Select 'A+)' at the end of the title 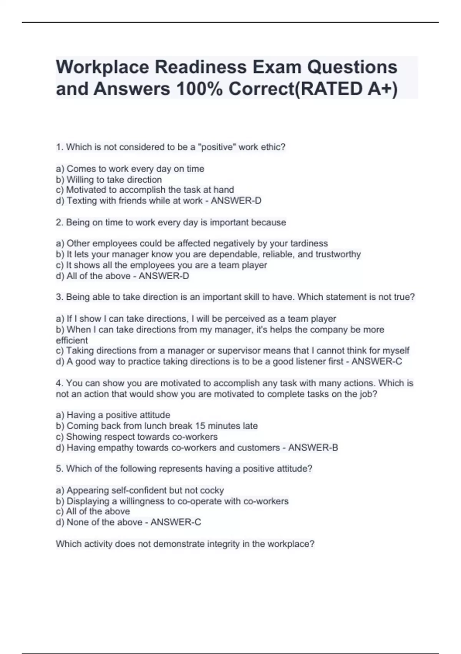click(383, 89)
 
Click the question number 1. click(58, 147)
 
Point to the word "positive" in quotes click(217, 147)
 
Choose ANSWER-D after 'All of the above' click(164, 276)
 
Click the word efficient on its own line click(72, 340)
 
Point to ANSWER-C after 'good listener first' click(377, 362)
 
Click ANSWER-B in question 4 click(313, 447)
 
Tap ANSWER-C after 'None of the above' click(176, 522)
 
